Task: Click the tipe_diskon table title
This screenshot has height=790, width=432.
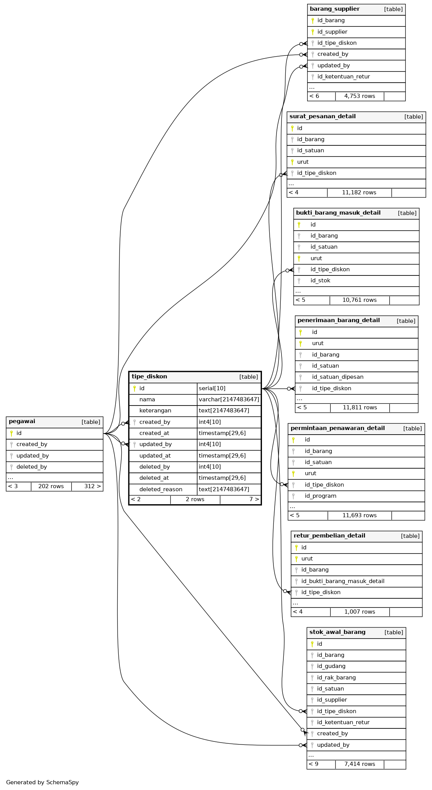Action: click(149, 376)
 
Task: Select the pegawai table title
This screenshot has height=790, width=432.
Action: click(22, 422)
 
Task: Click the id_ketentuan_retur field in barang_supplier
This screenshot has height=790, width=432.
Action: click(344, 77)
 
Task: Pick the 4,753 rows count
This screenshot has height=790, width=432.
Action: click(359, 96)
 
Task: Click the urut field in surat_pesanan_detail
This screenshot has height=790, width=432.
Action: click(303, 162)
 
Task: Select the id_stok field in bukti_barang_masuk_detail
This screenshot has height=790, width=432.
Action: click(320, 280)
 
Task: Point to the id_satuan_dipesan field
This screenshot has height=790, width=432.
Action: click(337, 377)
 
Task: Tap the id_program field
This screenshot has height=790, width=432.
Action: click(320, 496)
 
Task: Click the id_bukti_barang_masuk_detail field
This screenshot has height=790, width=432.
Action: click(343, 581)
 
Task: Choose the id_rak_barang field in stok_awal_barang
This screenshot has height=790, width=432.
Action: click(336, 678)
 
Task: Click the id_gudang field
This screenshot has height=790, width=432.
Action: click(331, 666)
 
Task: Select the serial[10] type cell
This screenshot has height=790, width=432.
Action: click(212, 388)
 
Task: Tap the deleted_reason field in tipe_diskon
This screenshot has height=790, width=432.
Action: click(160, 489)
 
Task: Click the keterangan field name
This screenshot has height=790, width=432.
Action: click(155, 410)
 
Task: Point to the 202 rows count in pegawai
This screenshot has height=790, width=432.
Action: click(51, 486)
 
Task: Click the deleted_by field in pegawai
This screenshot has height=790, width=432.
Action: click(31, 467)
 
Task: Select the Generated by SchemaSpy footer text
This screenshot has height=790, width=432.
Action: click(42, 782)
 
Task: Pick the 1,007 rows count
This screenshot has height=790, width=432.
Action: click(359, 612)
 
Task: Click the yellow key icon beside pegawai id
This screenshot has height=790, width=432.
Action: click(11, 433)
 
